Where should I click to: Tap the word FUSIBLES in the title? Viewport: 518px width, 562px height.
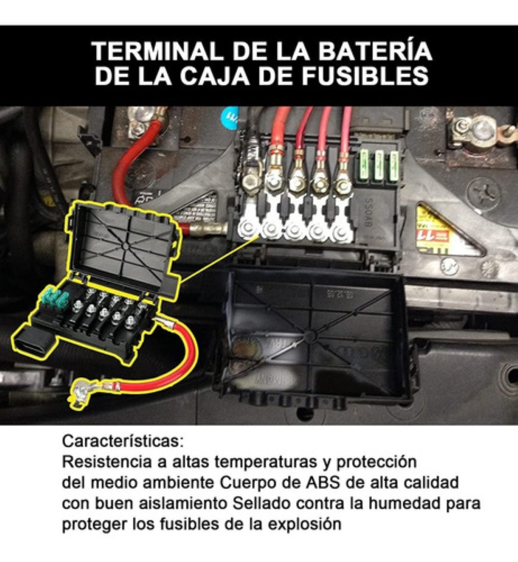pyautogui.click(x=365, y=76)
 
